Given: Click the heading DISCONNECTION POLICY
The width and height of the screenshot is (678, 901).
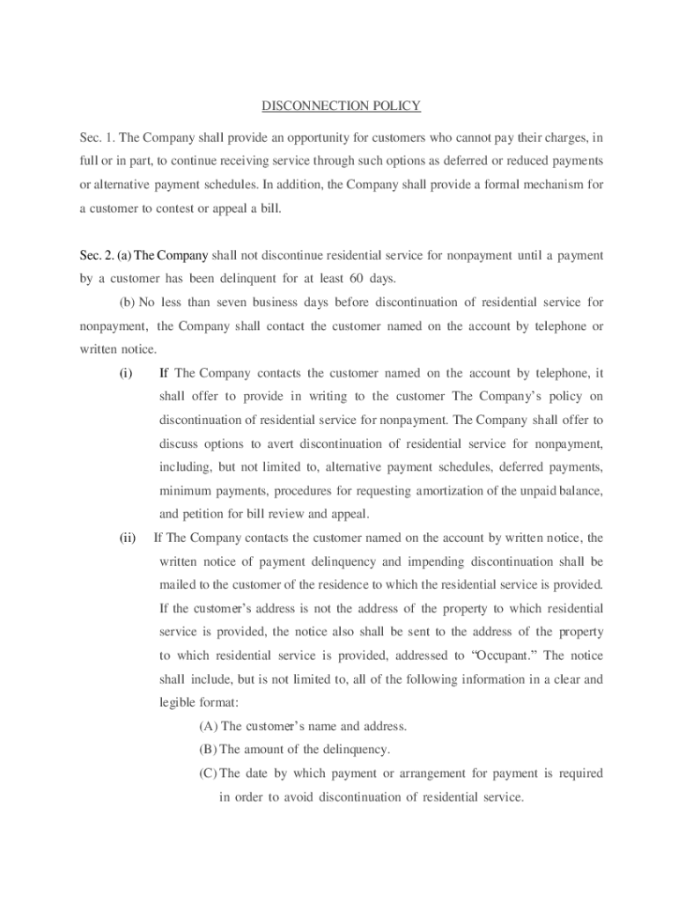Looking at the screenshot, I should pyautogui.click(x=341, y=106).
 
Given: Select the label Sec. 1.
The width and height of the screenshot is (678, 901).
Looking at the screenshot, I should pyautogui.click(x=97, y=137).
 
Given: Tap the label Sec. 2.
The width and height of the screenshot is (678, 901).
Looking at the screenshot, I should pyautogui.click(x=97, y=255).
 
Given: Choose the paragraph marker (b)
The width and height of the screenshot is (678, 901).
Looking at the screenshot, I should pyautogui.click(x=127, y=303).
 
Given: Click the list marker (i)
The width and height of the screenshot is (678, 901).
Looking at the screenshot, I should pyautogui.click(x=126, y=373).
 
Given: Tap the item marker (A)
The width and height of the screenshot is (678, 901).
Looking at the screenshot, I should pyautogui.click(x=209, y=726).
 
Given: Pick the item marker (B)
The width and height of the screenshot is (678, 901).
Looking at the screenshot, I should pyautogui.click(x=209, y=750).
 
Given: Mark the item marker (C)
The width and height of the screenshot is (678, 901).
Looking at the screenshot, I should pyautogui.click(x=209, y=773).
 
